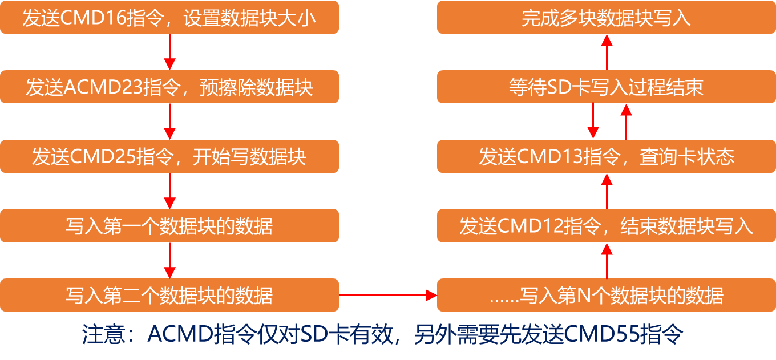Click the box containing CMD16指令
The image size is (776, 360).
[x=169, y=18]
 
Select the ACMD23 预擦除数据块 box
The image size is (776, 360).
[x=169, y=87]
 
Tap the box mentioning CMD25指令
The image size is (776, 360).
[x=169, y=156]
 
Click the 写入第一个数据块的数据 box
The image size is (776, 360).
[x=169, y=226]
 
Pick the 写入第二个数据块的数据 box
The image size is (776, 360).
[x=169, y=295]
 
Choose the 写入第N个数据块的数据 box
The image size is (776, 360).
[x=607, y=295]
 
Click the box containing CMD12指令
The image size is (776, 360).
[x=607, y=226]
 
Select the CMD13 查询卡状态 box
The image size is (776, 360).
[x=607, y=156]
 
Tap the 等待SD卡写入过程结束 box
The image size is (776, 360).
[x=607, y=87]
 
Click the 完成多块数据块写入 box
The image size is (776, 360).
[x=607, y=18]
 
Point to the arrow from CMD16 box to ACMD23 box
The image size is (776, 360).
[x=169, y=52]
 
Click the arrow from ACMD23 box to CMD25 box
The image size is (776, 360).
[x=169, y=122]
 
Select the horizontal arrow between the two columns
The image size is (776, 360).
[x=388, y=295]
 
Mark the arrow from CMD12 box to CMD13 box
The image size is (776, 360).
[x=607, y=191]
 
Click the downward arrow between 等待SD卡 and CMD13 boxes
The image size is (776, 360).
[x=593, y=122]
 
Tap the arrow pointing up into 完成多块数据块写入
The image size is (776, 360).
[x=607, y=52]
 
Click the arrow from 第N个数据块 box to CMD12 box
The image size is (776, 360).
[x=607, y=260]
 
